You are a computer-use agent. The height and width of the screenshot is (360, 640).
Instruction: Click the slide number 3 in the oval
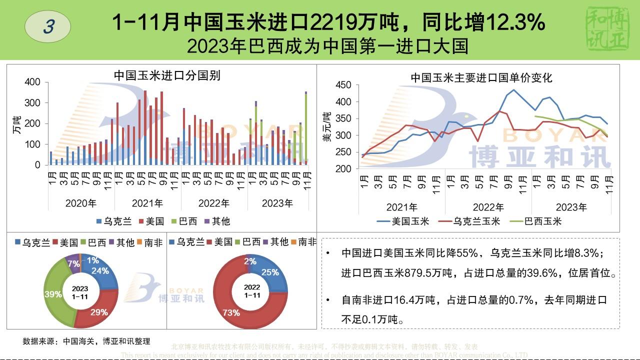[48, 26]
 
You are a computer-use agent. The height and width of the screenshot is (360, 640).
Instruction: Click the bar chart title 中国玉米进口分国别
[167, 75]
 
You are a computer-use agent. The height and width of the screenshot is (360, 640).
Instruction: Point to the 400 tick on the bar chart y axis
[33, 82]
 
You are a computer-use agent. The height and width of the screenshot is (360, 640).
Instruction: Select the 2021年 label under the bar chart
[147, 203]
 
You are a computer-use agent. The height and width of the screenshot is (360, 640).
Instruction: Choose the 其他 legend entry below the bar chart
[217, 221]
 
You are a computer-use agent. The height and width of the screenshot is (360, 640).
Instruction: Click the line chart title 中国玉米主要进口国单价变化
[481, 77]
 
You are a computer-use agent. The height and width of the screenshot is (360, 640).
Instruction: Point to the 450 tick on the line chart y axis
[343, 85]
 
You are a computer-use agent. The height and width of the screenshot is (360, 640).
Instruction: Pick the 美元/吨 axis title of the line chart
[327, 127]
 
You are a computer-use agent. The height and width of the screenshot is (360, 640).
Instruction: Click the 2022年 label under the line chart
[488, 207]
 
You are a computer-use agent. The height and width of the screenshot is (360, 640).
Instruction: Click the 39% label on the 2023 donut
[52, 294]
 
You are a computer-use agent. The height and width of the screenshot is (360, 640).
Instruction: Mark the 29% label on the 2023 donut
[99, 312]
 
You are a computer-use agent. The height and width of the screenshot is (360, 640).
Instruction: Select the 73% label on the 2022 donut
[230, 313]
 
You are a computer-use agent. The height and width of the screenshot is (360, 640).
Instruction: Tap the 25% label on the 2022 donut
[270, 272]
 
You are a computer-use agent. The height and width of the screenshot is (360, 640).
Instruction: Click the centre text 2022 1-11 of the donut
[251, 291]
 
